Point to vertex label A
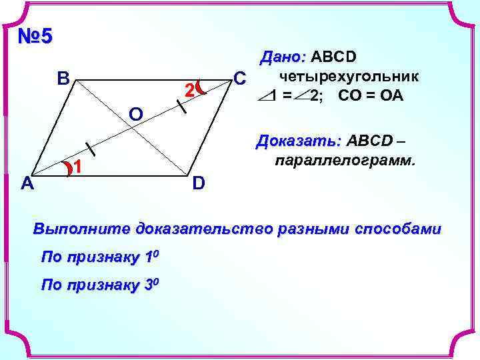[x=27, y=183]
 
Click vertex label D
[x=199, y=182]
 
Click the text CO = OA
[x=371, y=95]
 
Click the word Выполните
[x=82, y=229]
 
